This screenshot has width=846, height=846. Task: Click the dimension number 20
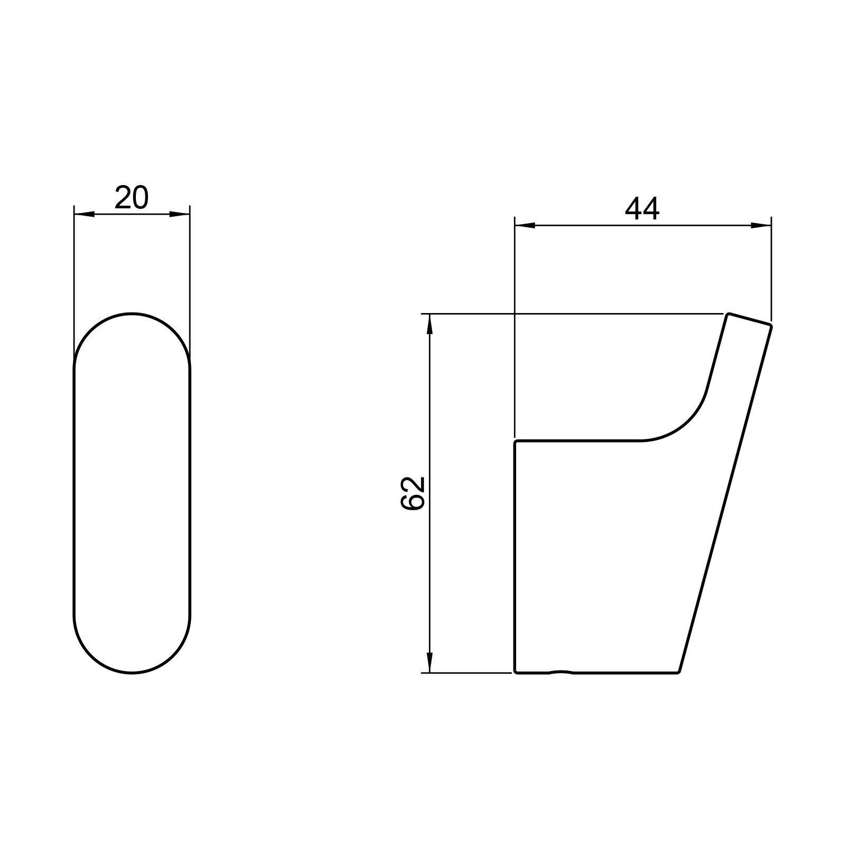coord(132,198)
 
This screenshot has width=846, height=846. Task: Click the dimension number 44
coord(642,209)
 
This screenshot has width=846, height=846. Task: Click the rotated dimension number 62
coord(413,493)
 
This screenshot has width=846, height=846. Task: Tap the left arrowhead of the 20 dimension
coord(85,214)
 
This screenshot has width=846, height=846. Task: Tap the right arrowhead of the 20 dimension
coord(179,214)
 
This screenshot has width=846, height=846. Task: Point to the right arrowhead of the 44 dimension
coord(761,226)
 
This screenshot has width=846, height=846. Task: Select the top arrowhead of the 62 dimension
coord(430,324)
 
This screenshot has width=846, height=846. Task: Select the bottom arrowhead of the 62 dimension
coord(430,663)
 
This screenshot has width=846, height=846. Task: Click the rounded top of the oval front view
coord(132,314)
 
